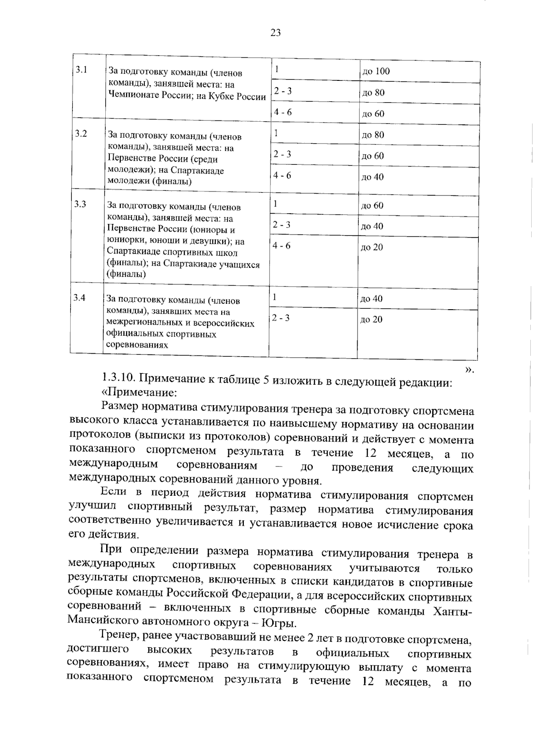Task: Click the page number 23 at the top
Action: coord(275,33)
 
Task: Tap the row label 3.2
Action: coord(81,134)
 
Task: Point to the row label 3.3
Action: coord(80,204)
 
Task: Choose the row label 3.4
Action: coord(79,297)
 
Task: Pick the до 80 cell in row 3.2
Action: coord(373,135)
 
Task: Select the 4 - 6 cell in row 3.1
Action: coord(283,112)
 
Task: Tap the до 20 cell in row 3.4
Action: coord(371,319)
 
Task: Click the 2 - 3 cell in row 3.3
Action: coord(282,225)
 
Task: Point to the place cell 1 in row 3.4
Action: coord(275,297)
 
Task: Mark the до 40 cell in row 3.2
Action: coord(372,177)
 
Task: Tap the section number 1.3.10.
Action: coord(118,378)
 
